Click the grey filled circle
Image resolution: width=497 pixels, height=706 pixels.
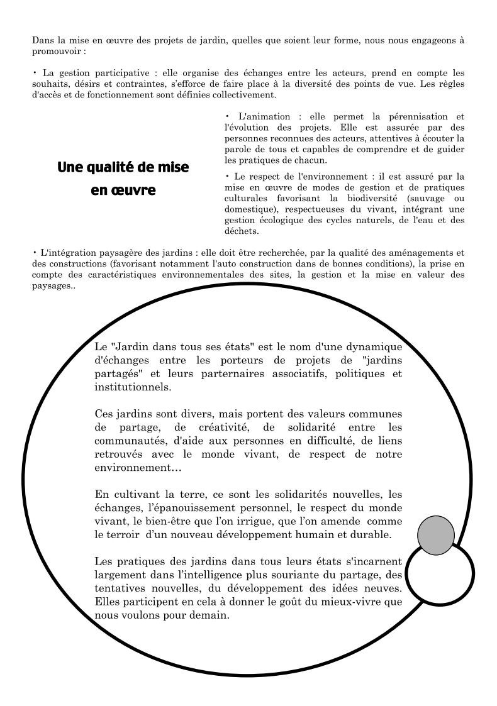pos(435,535)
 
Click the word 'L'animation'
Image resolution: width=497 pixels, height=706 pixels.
pos(264,116)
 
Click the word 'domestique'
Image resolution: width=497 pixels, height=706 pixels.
pos(250,209)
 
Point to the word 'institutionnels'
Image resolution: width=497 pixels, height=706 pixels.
pos(132,387)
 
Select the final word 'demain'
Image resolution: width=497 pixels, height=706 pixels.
pos(211,615)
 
